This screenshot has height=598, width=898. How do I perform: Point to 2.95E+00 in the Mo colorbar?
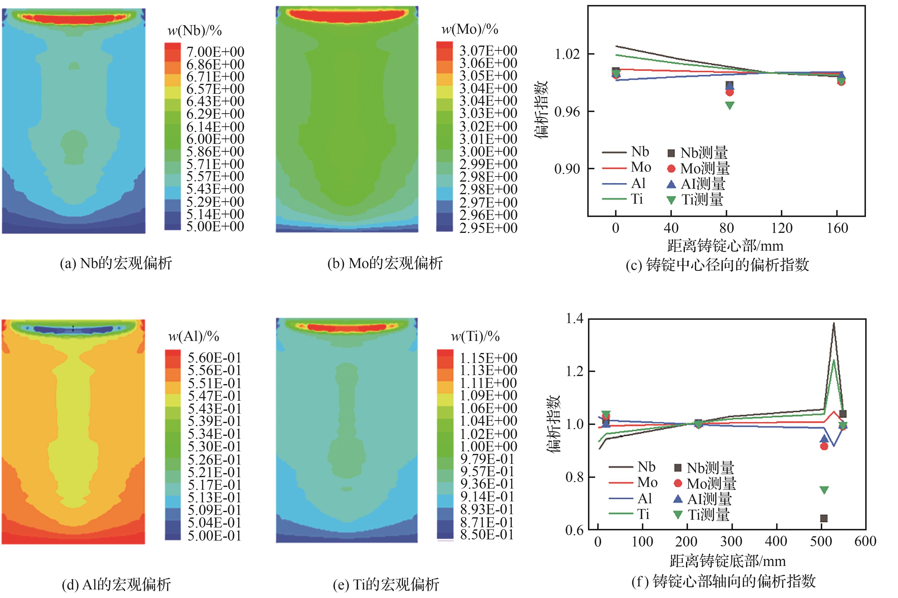[x=488, y=228]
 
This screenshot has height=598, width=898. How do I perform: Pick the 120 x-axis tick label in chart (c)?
[x=782, y=228]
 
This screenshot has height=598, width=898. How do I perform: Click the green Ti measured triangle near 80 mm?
[x=729, y=105]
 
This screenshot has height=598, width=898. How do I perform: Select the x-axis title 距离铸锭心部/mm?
[x=725, y=246]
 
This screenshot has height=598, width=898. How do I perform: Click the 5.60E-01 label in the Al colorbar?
[x=214, y=358]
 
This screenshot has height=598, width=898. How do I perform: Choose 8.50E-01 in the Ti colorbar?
[x=487, y=535]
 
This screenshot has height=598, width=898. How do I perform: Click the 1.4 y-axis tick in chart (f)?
[x=574, y=318]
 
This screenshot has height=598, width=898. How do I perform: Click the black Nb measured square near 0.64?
[x=824, y=518]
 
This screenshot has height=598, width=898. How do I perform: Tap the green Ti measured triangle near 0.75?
[x=824, y=490]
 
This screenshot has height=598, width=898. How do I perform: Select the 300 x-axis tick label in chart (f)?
[x=731, y=541]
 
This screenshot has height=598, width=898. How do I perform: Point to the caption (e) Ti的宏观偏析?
[x=386, y=585]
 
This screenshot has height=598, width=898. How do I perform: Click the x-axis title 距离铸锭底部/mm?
[x=727, y=561]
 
